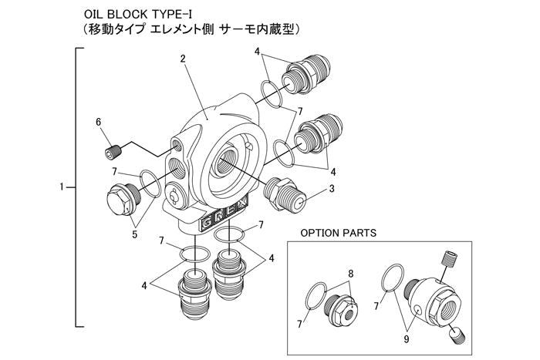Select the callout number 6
point(99,122)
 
